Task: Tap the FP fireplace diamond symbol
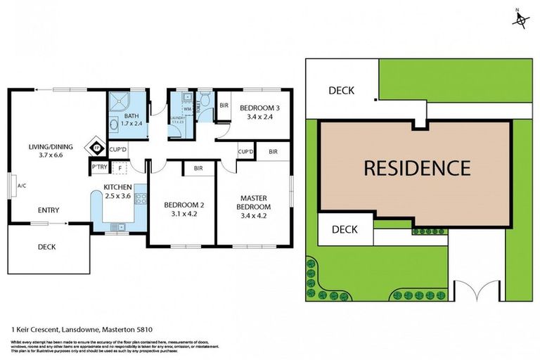pyautogui.click(x=95, y=148)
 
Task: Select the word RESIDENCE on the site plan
pyautogui.click(x=416, y=168)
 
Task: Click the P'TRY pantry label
pyautogui.click(x=99, y=167)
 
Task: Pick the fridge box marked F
pyautogui.click(x=120, y=167)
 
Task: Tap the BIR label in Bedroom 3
pyautogui.click(x=224, y=106)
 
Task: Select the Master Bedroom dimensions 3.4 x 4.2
pyautogui.click(x=253, y=217)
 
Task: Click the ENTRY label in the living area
pyautogui.click(x=49, y=210)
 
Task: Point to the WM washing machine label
pyautogui.click(x=187, y=109)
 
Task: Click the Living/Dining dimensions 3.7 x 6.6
pyautogui.click(x=46, y=155)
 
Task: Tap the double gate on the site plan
pyautogui.click(x=475, y=290)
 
